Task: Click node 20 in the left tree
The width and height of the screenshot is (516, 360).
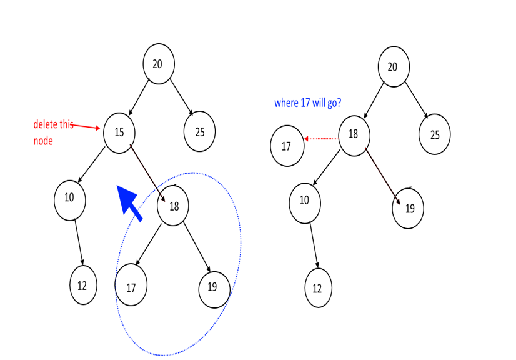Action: tap(158, 63)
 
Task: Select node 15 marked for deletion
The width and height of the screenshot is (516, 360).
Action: tap(119, 132)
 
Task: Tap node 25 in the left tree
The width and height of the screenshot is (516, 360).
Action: tap(199, 132)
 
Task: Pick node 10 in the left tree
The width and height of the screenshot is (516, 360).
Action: tap(69, 198)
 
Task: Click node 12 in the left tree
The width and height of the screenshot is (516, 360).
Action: tap(82, 286)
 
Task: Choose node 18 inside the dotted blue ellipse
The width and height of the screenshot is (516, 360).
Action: tap(173, 206)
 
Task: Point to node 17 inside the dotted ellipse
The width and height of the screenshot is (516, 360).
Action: tap(131, 287)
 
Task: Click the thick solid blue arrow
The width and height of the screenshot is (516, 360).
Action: tap(130, 202)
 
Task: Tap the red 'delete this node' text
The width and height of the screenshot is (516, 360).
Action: tap(53, 132)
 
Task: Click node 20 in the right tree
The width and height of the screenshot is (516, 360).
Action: tap(394, 67)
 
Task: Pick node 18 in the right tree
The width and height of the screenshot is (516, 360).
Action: tap(354, 134)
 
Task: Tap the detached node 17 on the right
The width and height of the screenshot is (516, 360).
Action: tap(286, 147)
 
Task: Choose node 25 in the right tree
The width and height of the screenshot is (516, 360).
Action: tap(434, 134)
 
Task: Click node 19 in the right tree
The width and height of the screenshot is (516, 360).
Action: tap(409, 209)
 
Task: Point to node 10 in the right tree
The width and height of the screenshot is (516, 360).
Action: tap(304, 201)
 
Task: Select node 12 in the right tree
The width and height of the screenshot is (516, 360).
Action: tap(317, 289)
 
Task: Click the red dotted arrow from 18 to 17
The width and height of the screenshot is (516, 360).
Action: tap(321, 138)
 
